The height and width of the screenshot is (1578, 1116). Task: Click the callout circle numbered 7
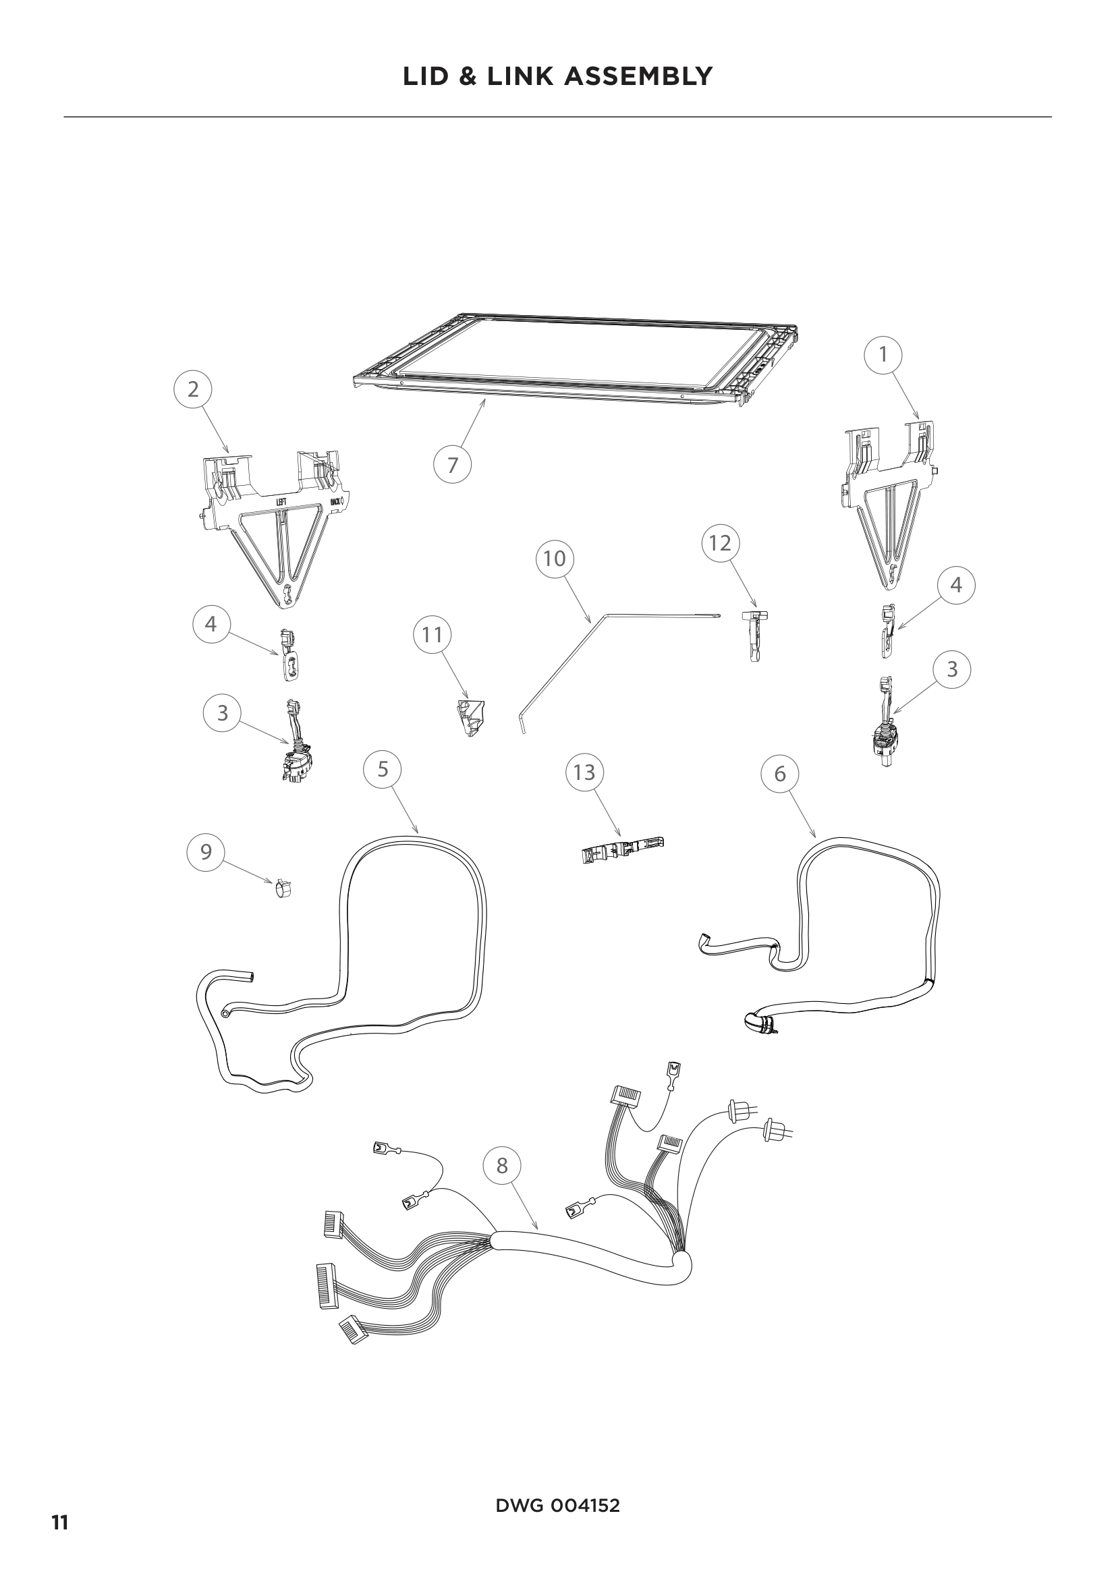click(x=452, y=466)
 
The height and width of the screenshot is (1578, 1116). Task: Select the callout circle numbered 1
click(x=883, y=354)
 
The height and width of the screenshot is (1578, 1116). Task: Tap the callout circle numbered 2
click(x=192, y=389)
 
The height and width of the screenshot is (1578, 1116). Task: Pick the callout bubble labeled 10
click(x=554, y=559)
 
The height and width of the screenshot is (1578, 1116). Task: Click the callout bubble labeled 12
click(x=720, y=543)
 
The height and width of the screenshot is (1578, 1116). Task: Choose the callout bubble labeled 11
click(x=433, y=634)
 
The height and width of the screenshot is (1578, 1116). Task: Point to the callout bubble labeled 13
click(x=584, y=772)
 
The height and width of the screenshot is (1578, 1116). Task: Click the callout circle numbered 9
click(x=206, y=852)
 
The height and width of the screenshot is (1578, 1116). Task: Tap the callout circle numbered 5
click(x=383, y=768)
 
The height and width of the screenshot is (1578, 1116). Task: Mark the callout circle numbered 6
click(x=780, y=774)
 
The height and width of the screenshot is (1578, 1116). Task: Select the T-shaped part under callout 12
click(x=754, y=636)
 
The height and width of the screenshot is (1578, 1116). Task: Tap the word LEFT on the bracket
click(x=281, y=503)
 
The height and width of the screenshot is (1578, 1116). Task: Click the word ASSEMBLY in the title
click(x=638, y=76)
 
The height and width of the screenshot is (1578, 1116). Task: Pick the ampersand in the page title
click(x=468, y=76)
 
